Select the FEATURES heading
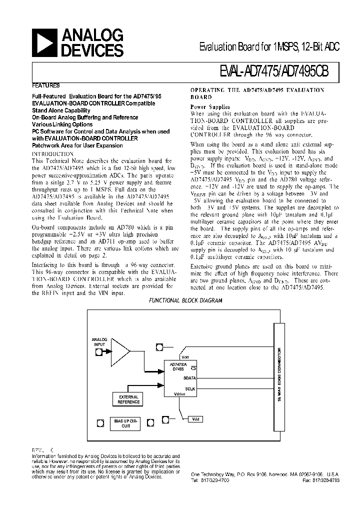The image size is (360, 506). coord(46,85)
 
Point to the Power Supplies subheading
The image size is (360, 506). coord(210,106)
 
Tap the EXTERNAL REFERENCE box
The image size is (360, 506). coord(129,399)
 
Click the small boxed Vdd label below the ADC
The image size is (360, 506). coord(195,419)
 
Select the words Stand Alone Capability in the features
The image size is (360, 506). coord(61,110)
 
